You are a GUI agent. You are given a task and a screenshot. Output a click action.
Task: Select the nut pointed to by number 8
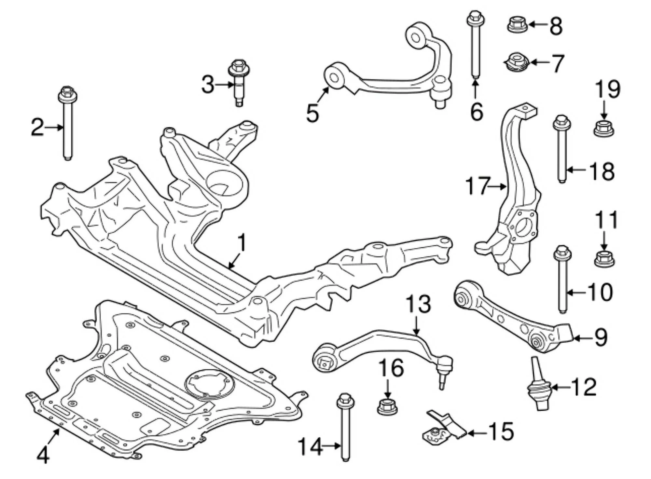point(517,25)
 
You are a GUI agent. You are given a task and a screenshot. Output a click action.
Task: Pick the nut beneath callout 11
point(604,259)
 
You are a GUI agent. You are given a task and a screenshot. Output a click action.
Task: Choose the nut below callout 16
point(387,406)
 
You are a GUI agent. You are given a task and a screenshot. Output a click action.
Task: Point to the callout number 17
point(478,186)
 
